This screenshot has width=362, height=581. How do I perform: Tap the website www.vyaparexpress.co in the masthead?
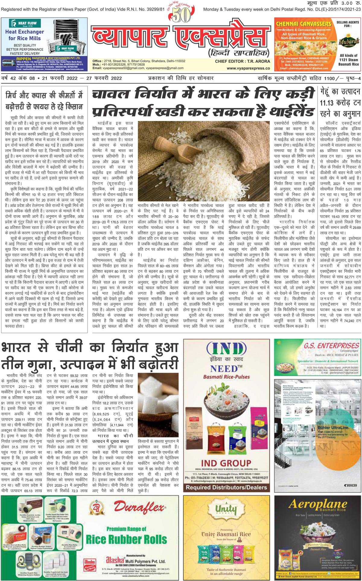[248, 68]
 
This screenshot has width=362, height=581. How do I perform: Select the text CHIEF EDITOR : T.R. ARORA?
[242, 61]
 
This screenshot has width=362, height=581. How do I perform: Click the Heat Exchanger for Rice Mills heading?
[24, 35]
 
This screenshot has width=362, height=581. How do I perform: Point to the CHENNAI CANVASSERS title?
[303, 24]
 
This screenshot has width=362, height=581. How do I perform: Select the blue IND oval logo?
[226, 349]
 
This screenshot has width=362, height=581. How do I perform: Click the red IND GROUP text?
[226, 463]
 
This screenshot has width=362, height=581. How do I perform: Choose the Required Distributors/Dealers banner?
[226, 487]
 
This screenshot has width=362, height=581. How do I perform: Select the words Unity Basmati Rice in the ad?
[226, 534]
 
